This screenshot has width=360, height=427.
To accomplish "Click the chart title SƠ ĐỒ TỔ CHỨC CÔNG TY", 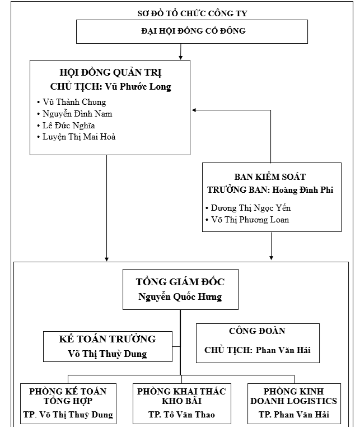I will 193,13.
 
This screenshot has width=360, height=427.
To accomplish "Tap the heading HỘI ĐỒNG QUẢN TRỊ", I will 110,73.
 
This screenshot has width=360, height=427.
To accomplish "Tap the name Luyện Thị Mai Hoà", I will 79,137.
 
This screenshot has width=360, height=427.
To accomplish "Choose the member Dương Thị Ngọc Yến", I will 251,208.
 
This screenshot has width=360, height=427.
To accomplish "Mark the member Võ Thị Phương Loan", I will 250,220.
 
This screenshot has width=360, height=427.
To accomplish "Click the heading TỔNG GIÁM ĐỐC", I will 180,282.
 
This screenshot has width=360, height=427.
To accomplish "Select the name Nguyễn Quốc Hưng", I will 180,297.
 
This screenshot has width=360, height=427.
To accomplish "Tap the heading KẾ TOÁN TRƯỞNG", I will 107,339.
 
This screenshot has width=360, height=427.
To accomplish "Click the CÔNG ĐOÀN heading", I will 257,332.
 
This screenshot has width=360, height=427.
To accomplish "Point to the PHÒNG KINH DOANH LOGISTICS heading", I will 293,396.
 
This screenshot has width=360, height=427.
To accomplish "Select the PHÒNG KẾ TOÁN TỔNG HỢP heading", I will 68,396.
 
